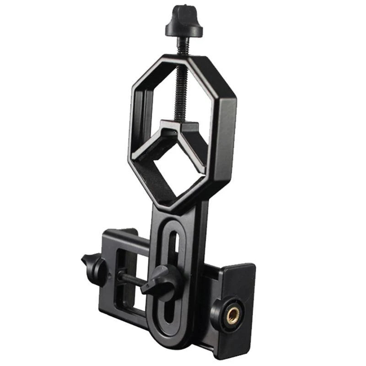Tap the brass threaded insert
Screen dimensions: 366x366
(233, 316)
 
